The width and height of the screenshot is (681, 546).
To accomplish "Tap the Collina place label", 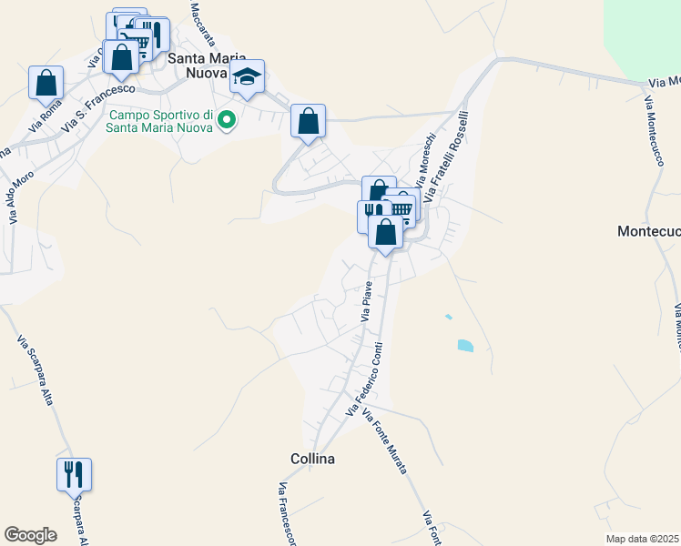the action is point(312,459).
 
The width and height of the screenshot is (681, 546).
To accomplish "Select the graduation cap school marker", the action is point(247,77).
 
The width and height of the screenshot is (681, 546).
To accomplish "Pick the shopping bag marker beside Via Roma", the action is point(46,84).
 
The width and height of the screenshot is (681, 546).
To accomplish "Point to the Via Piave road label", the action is point(367,301).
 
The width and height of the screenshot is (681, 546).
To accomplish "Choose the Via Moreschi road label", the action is point(426,160).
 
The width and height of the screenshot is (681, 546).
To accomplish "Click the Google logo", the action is point(31,535).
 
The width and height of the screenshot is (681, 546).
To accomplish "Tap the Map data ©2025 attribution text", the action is point(643,539).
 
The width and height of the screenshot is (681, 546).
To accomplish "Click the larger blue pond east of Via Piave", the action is point(465,346).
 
